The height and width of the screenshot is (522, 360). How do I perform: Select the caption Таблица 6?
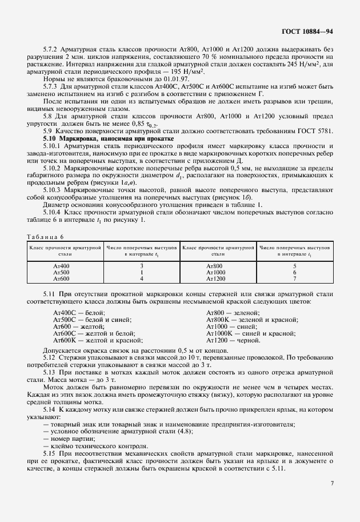[46, 236]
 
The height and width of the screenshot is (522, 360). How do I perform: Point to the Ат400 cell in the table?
[61, 266]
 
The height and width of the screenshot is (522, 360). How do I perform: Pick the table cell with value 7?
[294, 278]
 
